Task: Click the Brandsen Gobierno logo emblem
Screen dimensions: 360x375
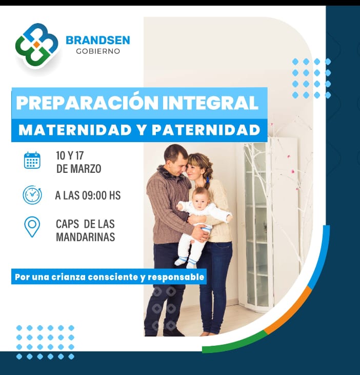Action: click(x=36, y=46)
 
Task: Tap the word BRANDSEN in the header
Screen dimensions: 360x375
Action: click(x=98, y=40)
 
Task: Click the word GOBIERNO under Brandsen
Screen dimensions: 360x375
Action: click(x=98, y=51)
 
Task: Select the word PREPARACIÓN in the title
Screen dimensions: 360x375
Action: click(x=87, y=103)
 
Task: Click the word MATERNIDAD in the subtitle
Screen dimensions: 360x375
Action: click(x=75, y=130)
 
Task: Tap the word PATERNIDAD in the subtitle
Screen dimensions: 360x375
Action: click(x=206, y=130)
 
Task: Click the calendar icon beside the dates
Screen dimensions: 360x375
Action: click(x=32, y=160)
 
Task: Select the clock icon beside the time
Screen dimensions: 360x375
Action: click(x=32, y=195)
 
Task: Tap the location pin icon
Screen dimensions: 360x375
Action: click(x=32, y=227)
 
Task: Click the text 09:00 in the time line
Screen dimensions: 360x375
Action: click(x=94, y=195)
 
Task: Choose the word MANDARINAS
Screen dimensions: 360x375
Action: click(x=86, y=237)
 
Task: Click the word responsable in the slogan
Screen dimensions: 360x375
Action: click(x=176, y=277)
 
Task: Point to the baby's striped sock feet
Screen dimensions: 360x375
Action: click(x=186, y=262)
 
